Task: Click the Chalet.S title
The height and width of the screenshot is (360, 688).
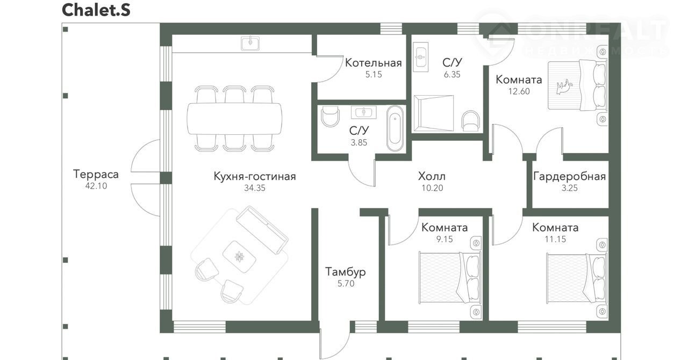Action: pos(96,10)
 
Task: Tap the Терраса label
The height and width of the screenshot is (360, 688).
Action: pos(96,174)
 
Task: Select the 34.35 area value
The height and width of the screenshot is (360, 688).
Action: pos(255,188)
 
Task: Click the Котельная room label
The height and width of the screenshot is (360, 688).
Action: pos(373,63)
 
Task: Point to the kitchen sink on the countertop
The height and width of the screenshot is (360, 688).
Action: pos(250,44)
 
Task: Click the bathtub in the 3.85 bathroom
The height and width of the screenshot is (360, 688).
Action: pos(395,128)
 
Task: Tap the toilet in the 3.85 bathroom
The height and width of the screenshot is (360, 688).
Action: pos(330,116)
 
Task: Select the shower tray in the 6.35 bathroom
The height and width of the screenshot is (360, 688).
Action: pos(433,113)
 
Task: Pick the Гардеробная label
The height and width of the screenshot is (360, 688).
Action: pos(569,177)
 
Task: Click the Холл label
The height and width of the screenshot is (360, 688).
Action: pos(432,176)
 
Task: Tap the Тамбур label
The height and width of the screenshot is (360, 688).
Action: pos(346,272)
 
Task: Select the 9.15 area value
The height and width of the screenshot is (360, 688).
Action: pos(445,239)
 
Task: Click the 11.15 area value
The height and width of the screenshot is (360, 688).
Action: pos(555,239)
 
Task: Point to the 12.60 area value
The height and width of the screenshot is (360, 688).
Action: pos(519,91)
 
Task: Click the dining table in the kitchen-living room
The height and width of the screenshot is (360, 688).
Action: pos(235,119)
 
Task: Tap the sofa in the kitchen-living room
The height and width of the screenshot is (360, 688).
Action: pos(262,230)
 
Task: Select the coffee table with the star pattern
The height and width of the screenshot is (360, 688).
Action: pos(239,257)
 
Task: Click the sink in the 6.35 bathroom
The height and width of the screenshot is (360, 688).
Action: pos(420,57)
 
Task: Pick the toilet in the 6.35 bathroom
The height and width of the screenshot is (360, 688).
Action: pos(471,121)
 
